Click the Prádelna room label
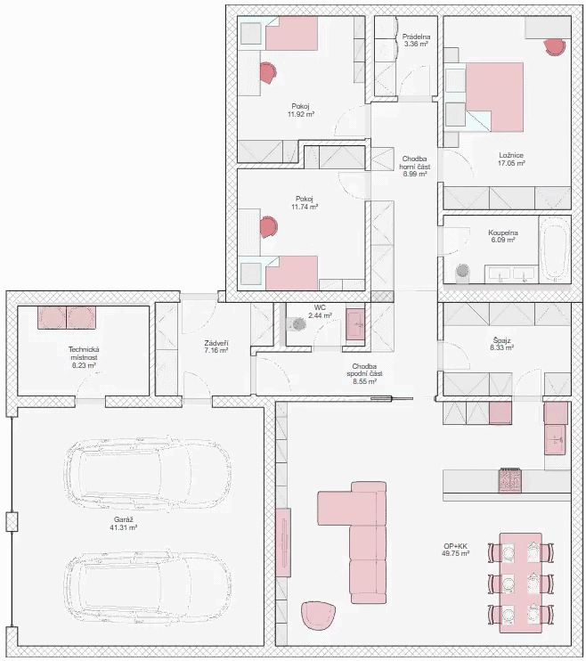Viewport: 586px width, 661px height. (416, 37)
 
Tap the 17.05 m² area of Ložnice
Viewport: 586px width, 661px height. (511, 163)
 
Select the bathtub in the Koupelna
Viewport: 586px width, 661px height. (555, 249)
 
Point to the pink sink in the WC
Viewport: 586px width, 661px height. (355, 324)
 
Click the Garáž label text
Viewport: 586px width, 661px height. (124, 519)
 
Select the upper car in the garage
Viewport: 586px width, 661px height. (148, 473)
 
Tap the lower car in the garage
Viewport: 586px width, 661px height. (148, 586)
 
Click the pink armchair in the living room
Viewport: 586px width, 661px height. (318, 616)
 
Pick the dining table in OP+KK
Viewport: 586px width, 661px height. (521, 583)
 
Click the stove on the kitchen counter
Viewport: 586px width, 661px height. (510, 480)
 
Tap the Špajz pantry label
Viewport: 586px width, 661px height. (501, 340)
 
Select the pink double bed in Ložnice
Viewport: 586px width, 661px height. (494, 97)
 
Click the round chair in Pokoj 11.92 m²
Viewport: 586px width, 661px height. (267, 72)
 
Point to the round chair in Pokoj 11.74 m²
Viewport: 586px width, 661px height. (268, 227)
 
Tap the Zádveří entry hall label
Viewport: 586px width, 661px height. (216, 343)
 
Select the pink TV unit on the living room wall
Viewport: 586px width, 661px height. (283, 543)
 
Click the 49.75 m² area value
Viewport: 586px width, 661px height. (456, 553)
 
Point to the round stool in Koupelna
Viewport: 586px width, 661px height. (462, 271)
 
